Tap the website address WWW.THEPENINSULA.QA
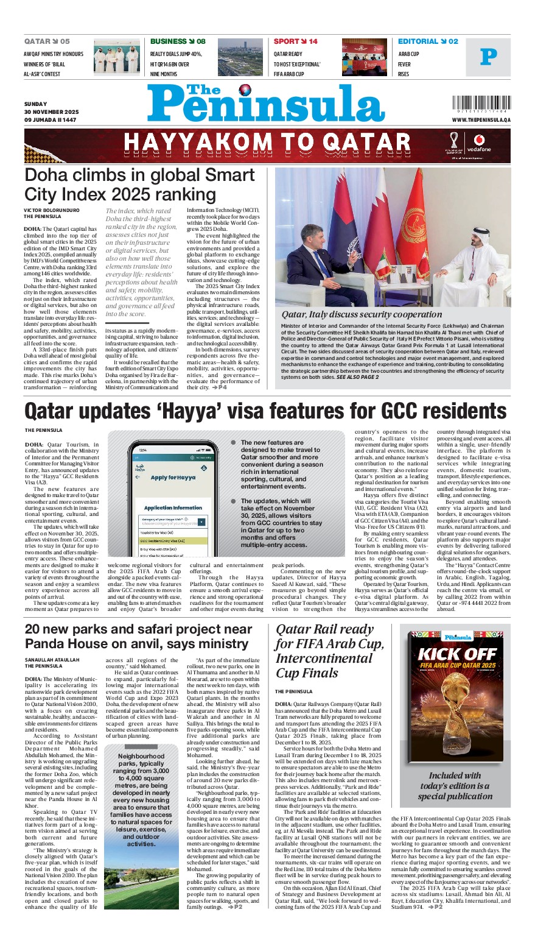[x=481, y=120]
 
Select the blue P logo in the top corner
[x=488, y=57]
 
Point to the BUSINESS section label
[x=169, y=41]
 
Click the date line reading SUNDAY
[x=36, y=104]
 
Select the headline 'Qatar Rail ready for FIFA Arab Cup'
[x=329, y=651]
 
